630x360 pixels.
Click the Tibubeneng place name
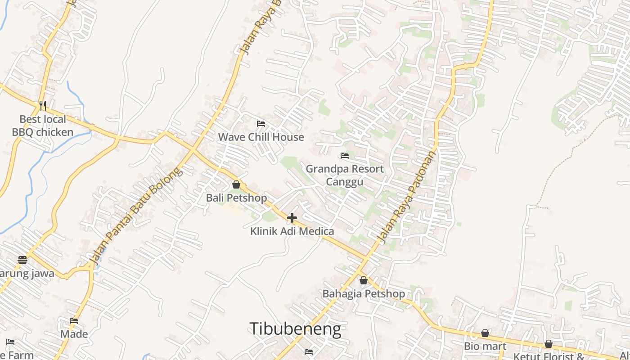point(295,329)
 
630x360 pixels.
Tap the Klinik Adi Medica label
point(292,231)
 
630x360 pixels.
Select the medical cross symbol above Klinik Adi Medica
point(292,218)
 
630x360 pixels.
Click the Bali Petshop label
point(236,198)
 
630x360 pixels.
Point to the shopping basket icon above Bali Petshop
point(236,184)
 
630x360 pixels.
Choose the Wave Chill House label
point(261,137)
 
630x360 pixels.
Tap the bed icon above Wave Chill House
point(261,124)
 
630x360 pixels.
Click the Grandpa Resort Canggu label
point(345,175)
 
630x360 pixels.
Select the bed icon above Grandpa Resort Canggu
point(345,156)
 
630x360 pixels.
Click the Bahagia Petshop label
point(364,294)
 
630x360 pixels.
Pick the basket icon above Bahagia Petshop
point(364,280)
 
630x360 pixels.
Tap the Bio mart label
point(485,346)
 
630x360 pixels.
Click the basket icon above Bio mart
point(485,333)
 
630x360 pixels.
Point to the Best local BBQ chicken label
point(43,126)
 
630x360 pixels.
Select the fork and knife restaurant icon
point(43,106)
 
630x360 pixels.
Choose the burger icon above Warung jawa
point(22,260)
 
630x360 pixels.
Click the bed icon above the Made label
point(74,321)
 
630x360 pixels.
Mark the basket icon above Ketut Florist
point(549,344)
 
